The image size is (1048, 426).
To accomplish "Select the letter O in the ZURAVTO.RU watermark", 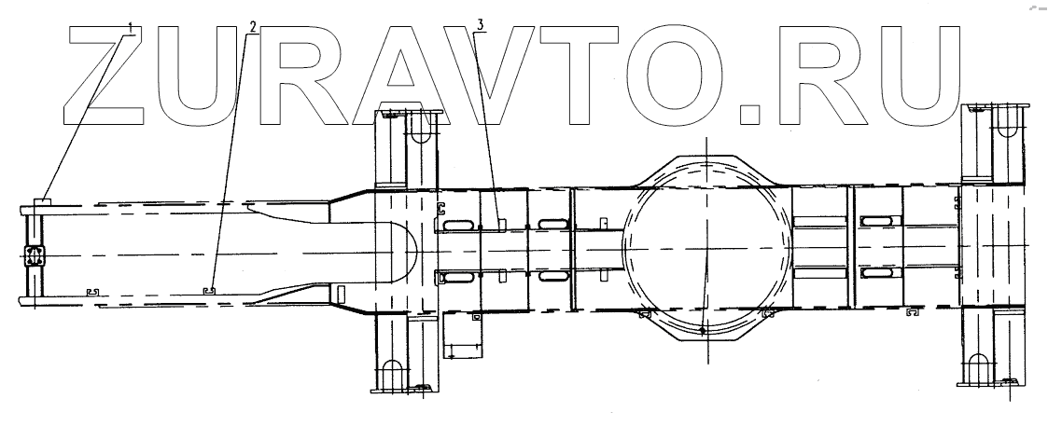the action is pos(674,75).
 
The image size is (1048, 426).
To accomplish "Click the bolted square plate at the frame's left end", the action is pos(34,255).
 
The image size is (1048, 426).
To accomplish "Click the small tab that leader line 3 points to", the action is pos(501,224).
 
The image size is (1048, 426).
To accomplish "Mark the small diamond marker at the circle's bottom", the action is pos(703,329).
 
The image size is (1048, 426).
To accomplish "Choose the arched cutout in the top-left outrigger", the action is pos(419,130).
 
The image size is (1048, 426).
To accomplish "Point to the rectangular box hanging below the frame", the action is pos(463,334).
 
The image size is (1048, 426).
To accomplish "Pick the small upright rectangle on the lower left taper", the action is pos(341,295).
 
